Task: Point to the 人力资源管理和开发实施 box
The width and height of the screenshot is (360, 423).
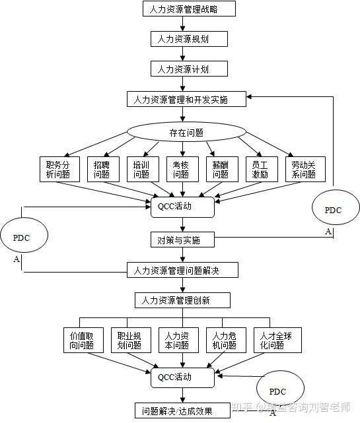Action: pos(186,99)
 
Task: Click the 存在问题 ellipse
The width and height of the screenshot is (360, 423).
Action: pos(177,131)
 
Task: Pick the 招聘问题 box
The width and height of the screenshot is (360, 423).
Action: pos(102,170)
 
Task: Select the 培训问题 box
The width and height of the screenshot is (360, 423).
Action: pos(141,170)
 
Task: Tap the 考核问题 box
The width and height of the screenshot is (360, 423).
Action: pos(181,170)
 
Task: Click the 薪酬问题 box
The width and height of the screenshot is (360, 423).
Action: pos(221,170)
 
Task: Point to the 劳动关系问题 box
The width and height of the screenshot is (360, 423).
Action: pos(304,170)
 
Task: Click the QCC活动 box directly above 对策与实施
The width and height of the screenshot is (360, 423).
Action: pos(183,207)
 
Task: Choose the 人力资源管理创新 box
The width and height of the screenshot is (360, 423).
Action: pos(183,301)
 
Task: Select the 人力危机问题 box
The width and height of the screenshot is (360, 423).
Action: pos(225,340)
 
